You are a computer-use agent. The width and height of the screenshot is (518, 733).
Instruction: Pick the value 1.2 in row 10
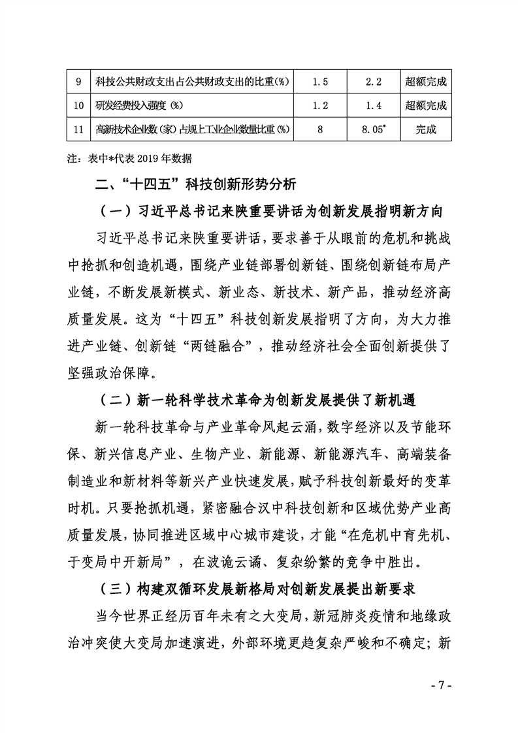(320, 105)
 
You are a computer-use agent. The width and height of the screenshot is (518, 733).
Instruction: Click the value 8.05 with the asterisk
(374, 129)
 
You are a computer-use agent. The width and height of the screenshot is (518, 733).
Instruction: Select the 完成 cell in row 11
(426, 129)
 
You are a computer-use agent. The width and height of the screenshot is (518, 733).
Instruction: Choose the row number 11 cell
(78, 129)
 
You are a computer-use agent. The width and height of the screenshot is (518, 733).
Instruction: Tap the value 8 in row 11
(320, 129)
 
